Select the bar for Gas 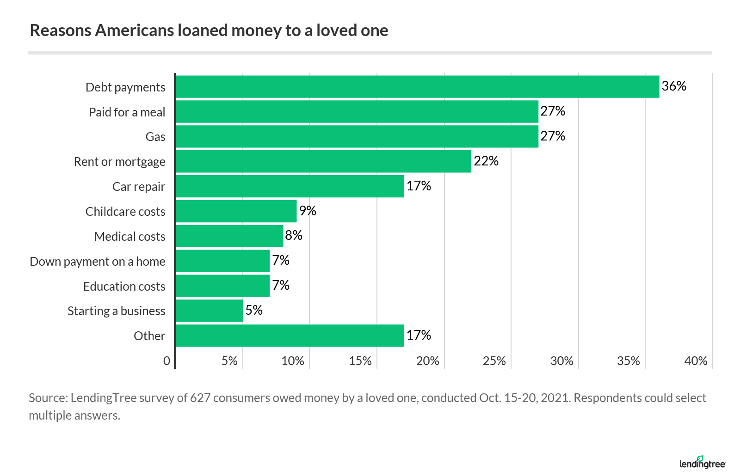(x=357, y=137)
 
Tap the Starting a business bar (x=209, y=311)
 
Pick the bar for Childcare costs (x=236, y=211)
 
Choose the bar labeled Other (x=290, y=336)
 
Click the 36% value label (x=674, y=86)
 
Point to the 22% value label (x=486, y=161)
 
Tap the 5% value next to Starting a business (x=254, y=310)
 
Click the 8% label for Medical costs (x=294, y=236)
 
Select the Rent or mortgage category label (x=119, y=162)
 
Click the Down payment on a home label (x=97, y=262)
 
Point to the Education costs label (x=124, y=287)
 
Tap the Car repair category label (x=138, y=187)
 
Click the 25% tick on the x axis (x=494, y=361)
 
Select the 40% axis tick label (x=696, y=361)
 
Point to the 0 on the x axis (x=166, y=361)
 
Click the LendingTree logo (x=702, y=463)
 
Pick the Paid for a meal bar (x=357, y=112)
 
